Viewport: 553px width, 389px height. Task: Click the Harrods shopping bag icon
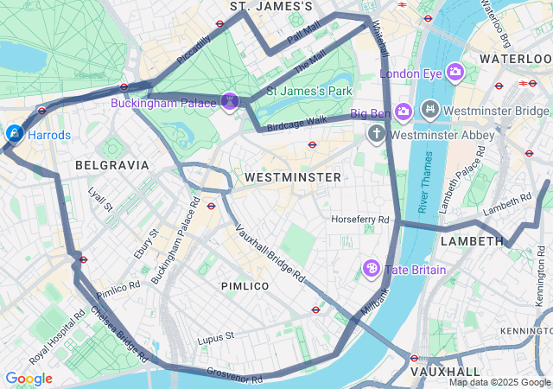coord(14,134)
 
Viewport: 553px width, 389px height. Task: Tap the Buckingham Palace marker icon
coord(231,103)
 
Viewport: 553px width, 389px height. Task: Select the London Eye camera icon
coord(455,73)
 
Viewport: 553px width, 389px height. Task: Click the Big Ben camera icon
coord(404,112)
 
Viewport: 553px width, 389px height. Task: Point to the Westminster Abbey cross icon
coord(376,134)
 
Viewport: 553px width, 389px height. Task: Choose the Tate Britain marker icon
coord(372,269)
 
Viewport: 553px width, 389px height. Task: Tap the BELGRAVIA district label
coord(112,164)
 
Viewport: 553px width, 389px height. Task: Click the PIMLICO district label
coord(245,286)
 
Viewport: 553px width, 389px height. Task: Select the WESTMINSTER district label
coord(293,176)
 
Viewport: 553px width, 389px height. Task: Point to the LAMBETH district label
coord(472,241)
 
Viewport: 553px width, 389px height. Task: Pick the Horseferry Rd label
coord(360,220)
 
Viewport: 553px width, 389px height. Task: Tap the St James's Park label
coord(308,90)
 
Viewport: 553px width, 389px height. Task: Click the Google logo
coord(29,379)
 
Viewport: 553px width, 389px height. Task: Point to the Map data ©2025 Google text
coord(499,382)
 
